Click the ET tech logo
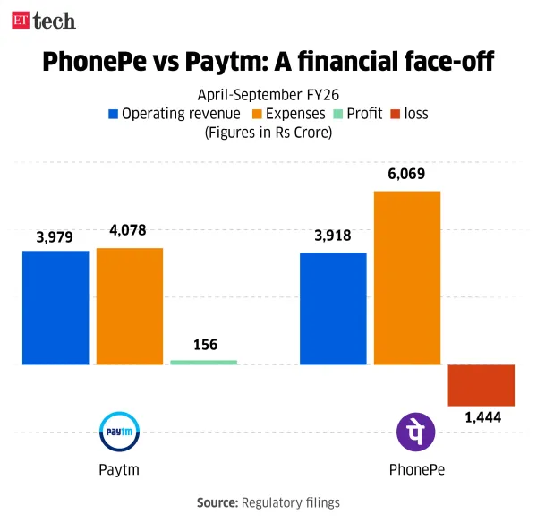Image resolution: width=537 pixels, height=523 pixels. pyautogui.click(x=43, y=20)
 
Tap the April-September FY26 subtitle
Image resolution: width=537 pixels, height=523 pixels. pyautogui.click(x=268, y=95)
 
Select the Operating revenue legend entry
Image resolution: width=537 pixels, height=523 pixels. pyautogui.click(x=174, y=114)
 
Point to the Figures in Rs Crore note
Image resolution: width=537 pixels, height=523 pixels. pyautogui.click(x=268, y=133)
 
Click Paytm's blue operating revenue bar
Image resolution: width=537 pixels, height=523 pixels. pyautogui.click(x=55, y=307)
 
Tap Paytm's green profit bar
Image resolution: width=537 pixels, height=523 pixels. pyautogui.click(x=204, y=362)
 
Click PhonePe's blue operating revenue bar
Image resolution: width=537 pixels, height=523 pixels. pyautogui.click(x=333, y=308)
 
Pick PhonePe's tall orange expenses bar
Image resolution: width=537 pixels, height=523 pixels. pyautogui.click(x=407, y=278)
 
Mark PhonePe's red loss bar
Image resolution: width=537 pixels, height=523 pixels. pyautogui.click(x=482, y=385)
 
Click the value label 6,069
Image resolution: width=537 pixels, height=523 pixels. pyautogui.click(x=407, y=177)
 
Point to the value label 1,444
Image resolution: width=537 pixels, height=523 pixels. pyautogui.click(x=482, y=418)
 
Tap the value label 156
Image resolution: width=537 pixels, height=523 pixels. pyautogui.click(x=204, y=345)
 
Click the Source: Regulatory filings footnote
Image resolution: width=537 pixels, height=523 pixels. pyautogui.click(x=268, y=502)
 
